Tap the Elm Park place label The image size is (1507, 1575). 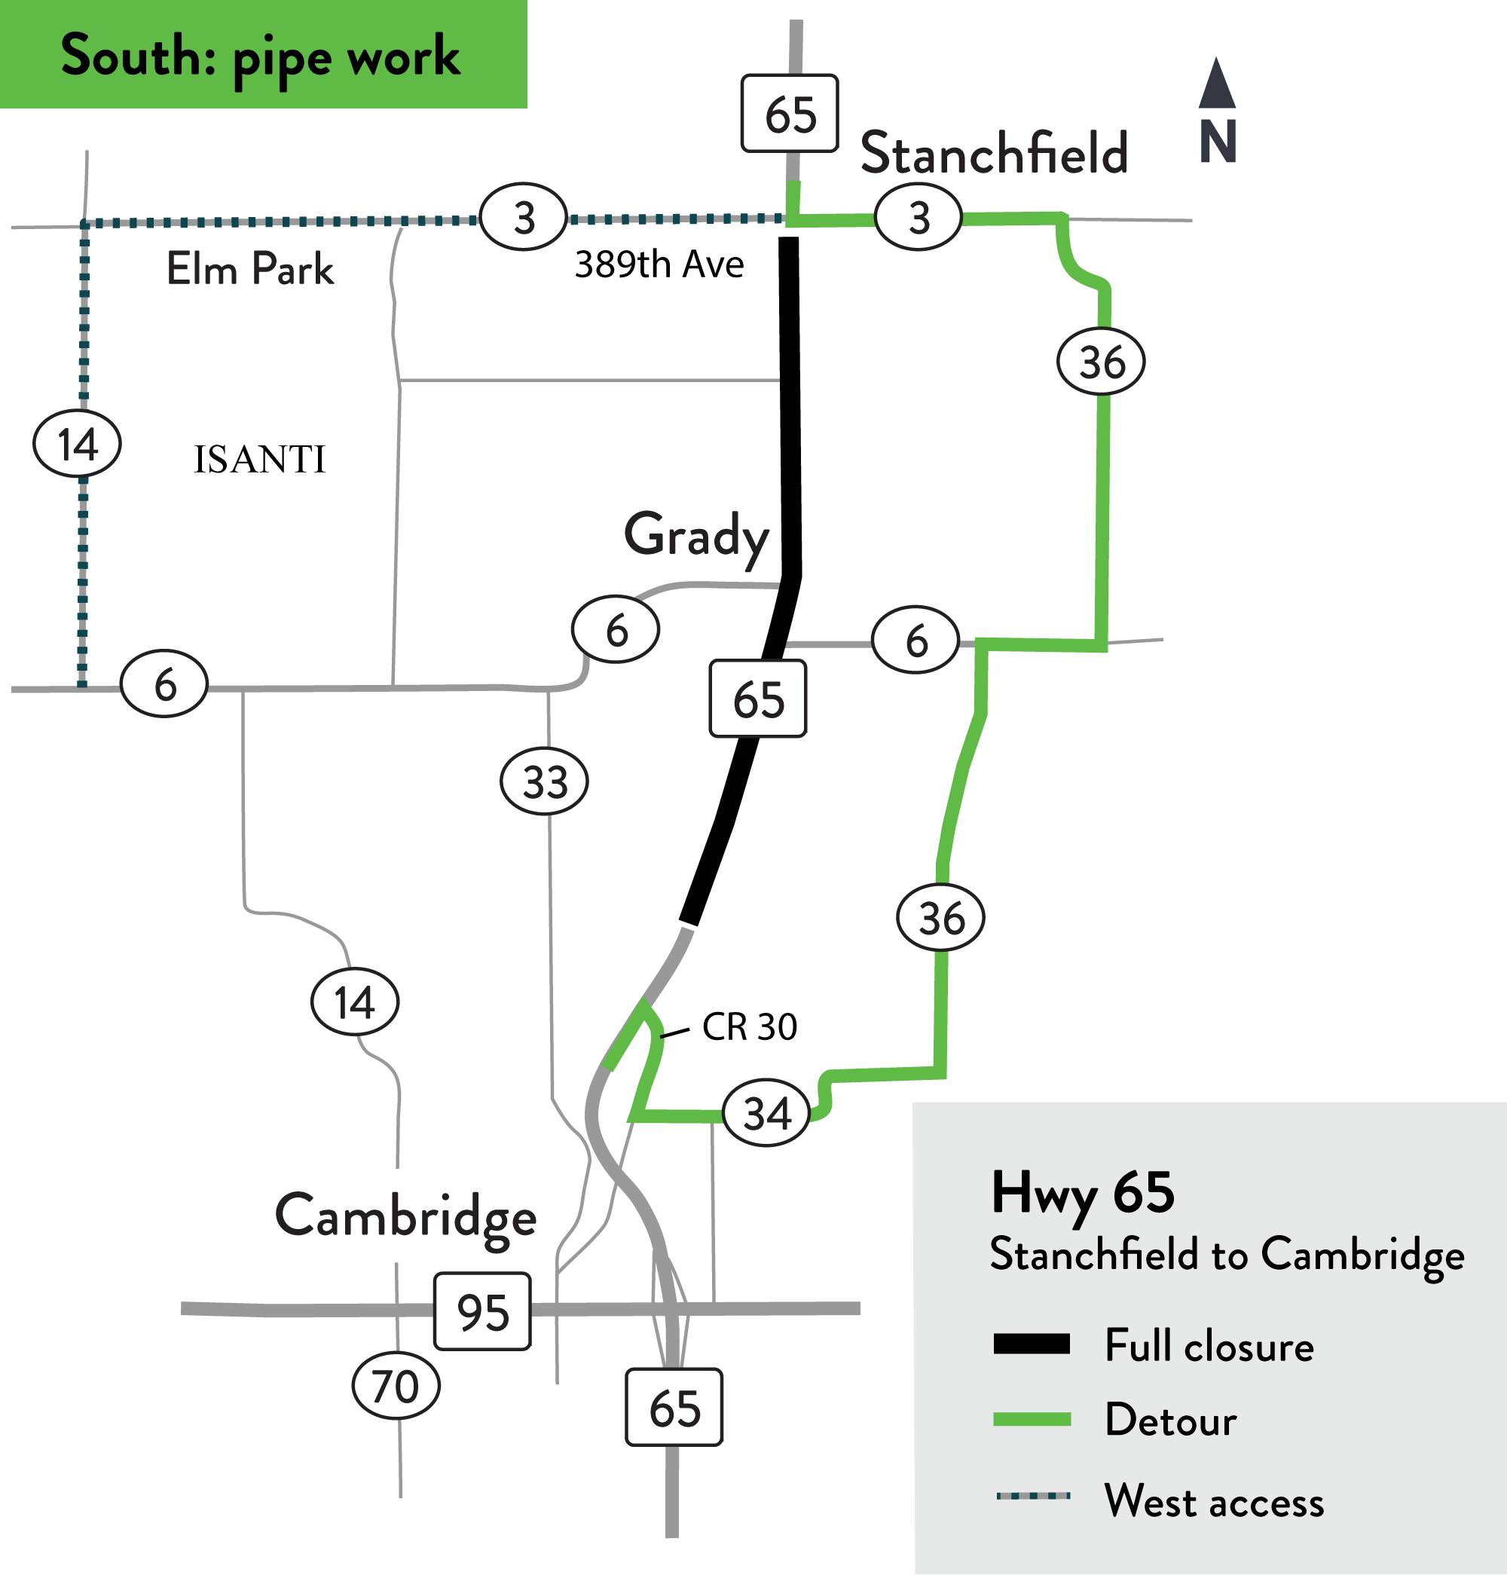[250, 268]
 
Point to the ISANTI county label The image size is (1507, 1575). [259, 460]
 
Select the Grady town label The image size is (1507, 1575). [696, 536]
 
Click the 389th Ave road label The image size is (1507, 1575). [659, 265]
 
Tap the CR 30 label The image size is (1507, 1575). [749, 1027]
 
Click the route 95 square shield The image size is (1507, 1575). [482, 1311]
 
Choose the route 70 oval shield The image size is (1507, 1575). [396, 1386]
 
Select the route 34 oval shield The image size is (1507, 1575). [767, 1114]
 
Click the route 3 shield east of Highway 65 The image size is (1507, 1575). [919, 218]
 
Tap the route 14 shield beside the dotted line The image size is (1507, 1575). [77, 444]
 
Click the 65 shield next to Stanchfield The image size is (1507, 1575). [790, 114]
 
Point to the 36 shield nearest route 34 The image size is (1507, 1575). [940, 918]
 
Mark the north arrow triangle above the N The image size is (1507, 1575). [1217, 84]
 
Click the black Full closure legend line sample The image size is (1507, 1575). [1032, 1344]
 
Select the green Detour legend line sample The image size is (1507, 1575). [1032, 1419]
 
